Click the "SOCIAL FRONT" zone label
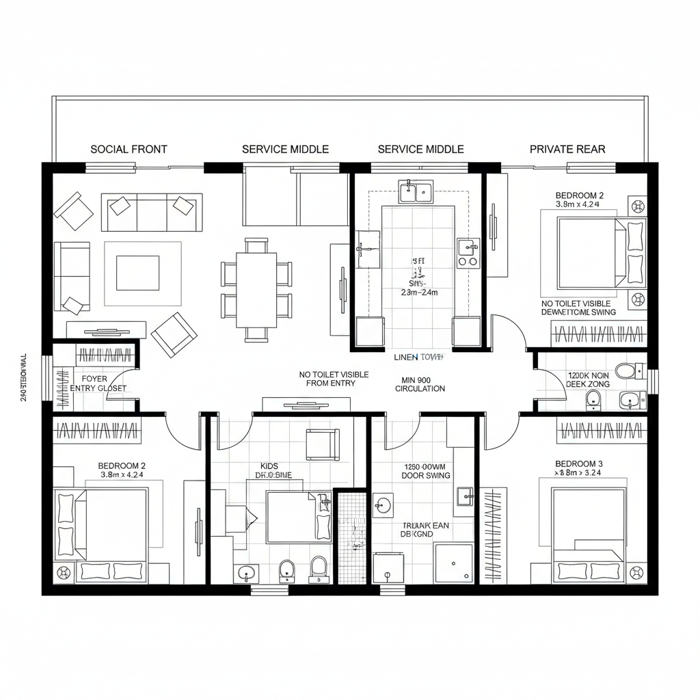[x=129, y=149]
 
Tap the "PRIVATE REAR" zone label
[x=567, y=149]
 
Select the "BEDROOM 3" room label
[x=579, y=463]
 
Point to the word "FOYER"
[x=94, y=378]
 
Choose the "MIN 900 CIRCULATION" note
[x=420, y=383]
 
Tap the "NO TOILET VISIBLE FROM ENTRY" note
[x=334, y=379]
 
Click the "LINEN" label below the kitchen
[x=407, y=357]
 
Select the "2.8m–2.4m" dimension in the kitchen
[x=418, y=292]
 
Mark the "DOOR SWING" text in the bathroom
[x=425, y=475]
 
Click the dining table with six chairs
[x=256, y=289]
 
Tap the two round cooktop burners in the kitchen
[x=468, y=260]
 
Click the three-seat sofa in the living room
[x=151, y=212]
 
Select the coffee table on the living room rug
[x=137, y=273]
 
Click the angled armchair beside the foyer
[x=174, y=333]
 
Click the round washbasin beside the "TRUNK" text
[x=383, y=505]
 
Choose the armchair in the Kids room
[x=322, y=444]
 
